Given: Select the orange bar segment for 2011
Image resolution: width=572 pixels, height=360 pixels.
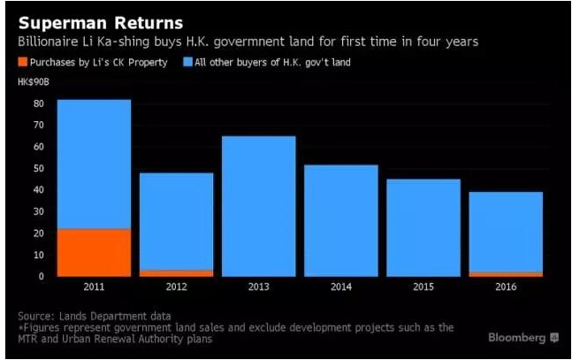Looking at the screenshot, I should (x=94, y=253).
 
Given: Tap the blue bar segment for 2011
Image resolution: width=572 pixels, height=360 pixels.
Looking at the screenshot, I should (x=94, y=164).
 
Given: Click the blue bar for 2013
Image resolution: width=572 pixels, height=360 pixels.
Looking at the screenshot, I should (x=258, y=206).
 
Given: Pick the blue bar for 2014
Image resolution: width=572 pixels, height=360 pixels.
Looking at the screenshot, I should (x=340, y=220).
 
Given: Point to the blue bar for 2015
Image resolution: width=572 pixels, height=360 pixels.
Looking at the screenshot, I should (x=423, y=227).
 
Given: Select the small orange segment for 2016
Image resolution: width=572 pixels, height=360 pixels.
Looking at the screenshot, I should (x=506, y=273).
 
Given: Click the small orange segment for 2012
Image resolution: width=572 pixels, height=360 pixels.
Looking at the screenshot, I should (x=176, y=272).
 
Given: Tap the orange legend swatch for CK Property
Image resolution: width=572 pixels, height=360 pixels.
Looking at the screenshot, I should (x=23, y=63).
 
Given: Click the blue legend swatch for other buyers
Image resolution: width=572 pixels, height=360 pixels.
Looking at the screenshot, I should (x=187, y=63).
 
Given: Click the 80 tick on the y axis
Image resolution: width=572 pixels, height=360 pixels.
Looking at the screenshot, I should (x=39, y=103).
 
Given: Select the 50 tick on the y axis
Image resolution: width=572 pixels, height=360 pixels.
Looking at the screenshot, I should (x=39, y=168).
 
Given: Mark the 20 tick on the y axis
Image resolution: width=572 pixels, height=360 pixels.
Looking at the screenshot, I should (x=39, y=233).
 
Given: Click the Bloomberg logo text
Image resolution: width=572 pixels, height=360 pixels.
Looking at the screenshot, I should (x=516, y=337).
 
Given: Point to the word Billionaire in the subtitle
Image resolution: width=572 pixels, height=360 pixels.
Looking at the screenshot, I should (x=53, y=41).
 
